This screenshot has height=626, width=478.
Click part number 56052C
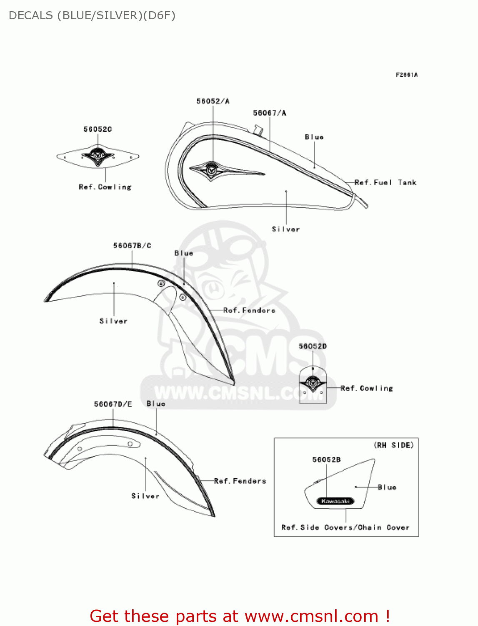[x=98, y=129]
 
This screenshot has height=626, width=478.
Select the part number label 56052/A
[x=213, y=101]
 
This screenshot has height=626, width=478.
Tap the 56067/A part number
[x=270, y=113]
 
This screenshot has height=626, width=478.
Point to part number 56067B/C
[x=132, y=246]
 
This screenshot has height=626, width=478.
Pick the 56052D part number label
[x=313, y=346]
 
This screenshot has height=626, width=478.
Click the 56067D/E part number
[x=113, y=404]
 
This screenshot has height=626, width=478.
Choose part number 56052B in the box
[x=327, y=459]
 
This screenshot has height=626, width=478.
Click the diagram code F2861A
[x=407, y=75]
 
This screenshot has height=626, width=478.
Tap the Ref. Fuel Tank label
[x=385, y=182]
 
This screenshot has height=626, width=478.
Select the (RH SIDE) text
[x=394, y=445]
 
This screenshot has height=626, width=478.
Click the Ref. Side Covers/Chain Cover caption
[x=345, y=528]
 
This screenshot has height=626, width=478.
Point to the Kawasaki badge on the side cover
[x=335, y=501]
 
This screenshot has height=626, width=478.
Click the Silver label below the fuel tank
[x=286, y=229]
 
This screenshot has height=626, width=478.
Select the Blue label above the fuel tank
[x=314, y=137]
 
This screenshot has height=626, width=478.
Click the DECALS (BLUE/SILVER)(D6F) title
[x=92, y=15]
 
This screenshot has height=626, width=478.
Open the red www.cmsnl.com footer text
[x=240, y=616]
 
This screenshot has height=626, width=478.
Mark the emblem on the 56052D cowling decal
[x=313, y=382]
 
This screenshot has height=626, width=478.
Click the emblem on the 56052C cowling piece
[x=98, y=156]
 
